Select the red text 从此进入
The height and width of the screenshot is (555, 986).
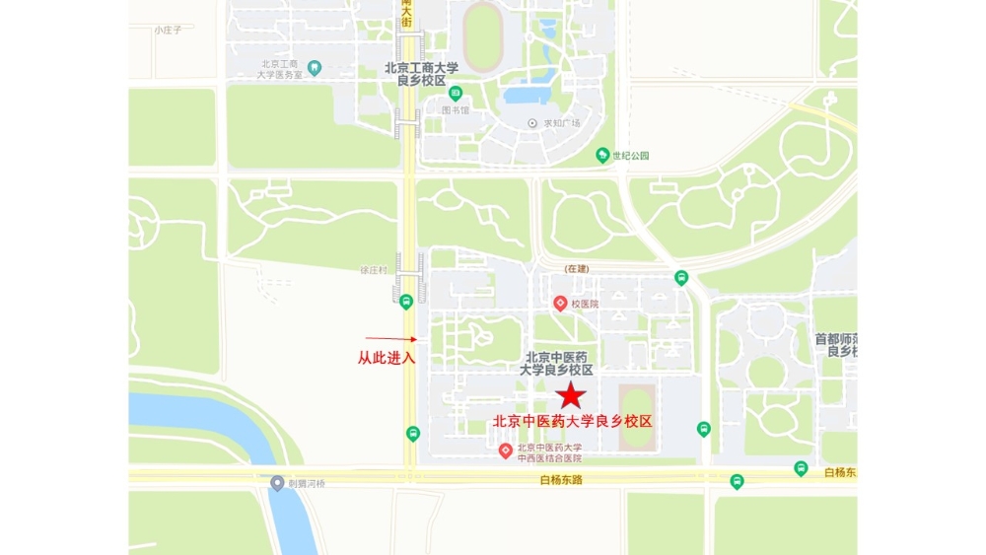point(387,357)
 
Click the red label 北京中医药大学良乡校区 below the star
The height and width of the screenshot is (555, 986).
point(573,421)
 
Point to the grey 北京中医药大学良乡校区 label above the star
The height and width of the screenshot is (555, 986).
point(558,364)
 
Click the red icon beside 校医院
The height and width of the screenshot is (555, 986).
point(560,303)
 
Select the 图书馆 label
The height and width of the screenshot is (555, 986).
point(456,110)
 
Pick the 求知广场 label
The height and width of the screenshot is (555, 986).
point(562,123)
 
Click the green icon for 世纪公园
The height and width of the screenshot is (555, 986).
point(602,155)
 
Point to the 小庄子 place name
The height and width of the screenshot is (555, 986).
point(168,30)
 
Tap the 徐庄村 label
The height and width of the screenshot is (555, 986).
point(374,269)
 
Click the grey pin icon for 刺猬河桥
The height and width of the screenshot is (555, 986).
point(277,483)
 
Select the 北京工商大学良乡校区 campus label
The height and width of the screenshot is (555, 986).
point(422,74)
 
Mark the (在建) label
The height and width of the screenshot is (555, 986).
point(577,268)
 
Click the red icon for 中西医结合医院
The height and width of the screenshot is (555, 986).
point(505,451)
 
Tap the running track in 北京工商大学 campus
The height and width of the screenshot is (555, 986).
point(483,36)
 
